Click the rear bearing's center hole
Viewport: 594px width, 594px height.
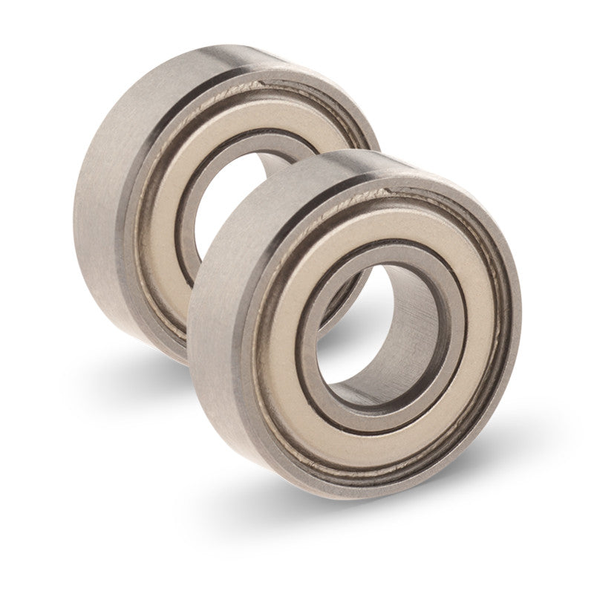click(x=215, y=200)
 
